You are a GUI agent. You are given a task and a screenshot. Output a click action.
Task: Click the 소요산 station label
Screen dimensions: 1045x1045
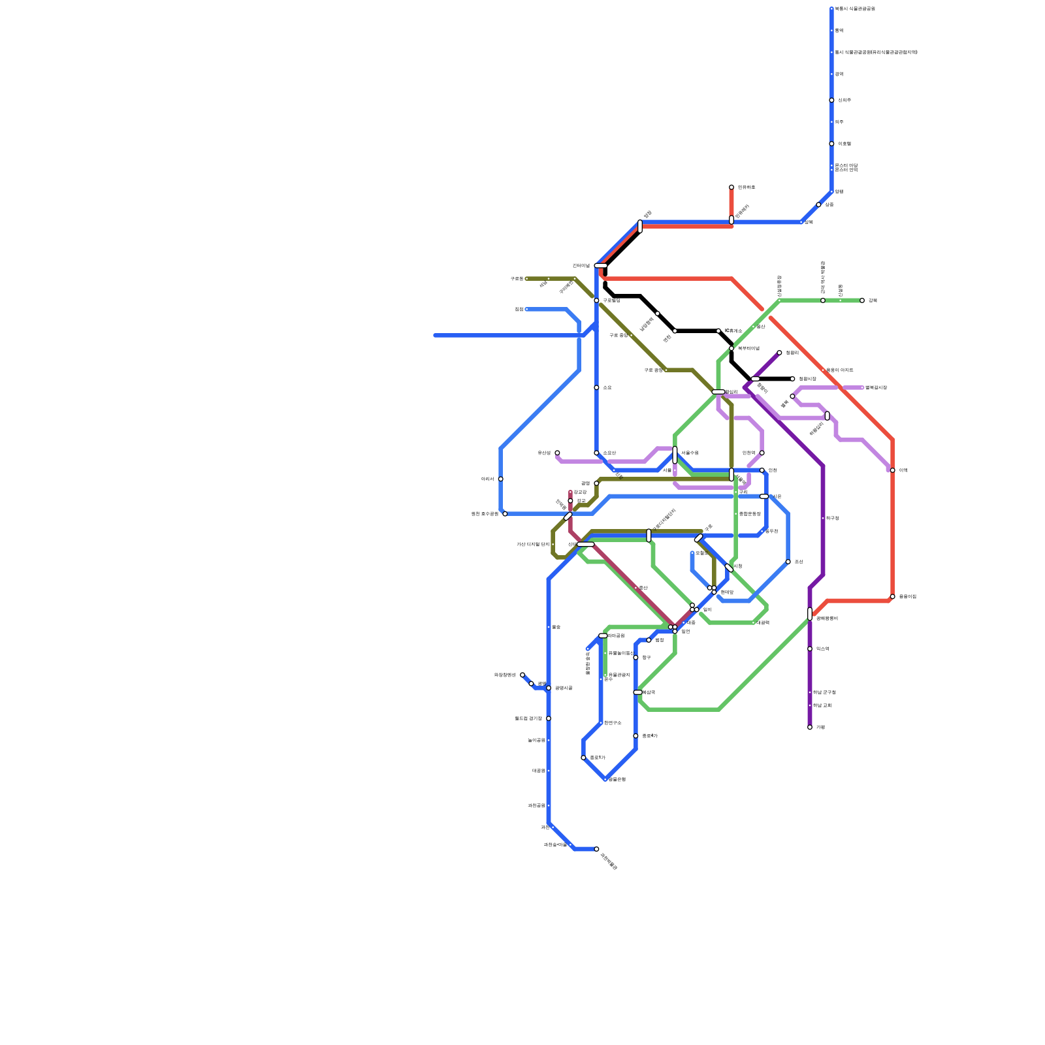[x=609, y=453]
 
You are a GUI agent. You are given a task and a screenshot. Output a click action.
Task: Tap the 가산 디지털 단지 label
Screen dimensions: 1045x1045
[x=533, y=544]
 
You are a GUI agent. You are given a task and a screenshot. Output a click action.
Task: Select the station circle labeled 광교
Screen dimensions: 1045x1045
[x=570, y=501]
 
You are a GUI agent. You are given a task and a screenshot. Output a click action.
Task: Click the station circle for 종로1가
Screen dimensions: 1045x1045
[x=583, y=758]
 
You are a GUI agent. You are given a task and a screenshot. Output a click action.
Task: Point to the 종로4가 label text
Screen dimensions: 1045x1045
[x=649, y=736]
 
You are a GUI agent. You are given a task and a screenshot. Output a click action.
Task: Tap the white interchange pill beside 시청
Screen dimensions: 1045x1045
[x=729, y=568]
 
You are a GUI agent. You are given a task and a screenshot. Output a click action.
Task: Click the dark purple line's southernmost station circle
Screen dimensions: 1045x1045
[x=810, y=727]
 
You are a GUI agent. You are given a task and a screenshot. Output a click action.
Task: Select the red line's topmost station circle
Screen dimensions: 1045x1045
[x=731, y=187]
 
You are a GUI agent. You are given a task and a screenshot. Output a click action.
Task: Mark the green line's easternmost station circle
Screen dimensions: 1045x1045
[x=862, y=300]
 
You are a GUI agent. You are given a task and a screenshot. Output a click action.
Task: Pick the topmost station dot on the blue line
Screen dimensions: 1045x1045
[x=831, y=9]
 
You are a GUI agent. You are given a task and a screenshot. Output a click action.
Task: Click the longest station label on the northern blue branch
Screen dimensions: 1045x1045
[x=876, y=52]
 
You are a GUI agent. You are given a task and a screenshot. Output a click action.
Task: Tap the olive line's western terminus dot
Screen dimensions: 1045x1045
[x=527, y=279]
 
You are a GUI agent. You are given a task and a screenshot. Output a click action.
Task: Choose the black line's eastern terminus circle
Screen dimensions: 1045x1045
[x=792, y=379]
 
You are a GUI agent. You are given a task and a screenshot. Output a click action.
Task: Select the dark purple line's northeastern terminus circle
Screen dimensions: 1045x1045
[x=779, y=353]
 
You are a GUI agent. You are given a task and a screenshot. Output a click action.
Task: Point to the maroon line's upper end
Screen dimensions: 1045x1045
[x=570, y=492]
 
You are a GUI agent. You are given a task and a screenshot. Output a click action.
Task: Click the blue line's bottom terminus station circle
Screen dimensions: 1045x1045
[x=596, y=849]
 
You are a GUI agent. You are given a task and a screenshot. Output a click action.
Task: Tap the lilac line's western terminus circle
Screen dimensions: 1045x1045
[x=557, y=453]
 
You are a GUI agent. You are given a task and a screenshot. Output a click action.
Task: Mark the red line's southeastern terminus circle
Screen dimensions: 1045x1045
[x=892, y=597]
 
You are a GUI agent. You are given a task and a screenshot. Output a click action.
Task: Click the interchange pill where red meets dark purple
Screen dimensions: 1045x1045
[x=810, y=614]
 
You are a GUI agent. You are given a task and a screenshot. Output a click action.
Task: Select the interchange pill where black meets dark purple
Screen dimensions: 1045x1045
[x=755, y=379]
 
